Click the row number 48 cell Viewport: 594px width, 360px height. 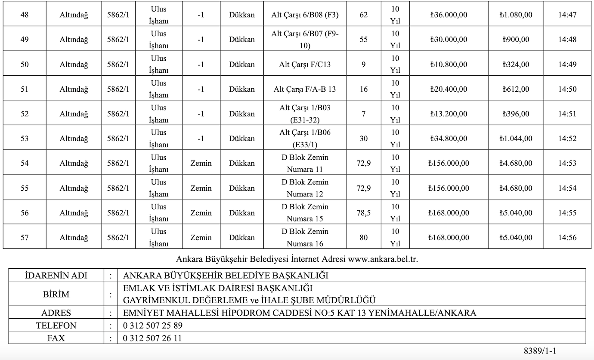pos(25,15)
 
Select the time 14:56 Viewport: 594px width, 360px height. pos(567,237)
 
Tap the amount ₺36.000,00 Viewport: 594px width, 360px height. pos(449,15)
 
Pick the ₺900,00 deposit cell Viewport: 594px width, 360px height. pos(516,40)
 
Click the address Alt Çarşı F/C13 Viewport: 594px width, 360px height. pos(305,65)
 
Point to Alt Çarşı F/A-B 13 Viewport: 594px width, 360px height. pos(305,90)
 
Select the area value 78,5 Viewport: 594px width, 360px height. pos(364,213)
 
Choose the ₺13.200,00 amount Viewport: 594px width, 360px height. pos(449,114)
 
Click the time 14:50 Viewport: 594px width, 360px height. pos(567,90)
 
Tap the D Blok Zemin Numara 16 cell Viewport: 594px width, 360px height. pos(305,237)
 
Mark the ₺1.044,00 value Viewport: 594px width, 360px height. pos(516,139)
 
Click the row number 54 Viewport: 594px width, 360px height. pos(25,163)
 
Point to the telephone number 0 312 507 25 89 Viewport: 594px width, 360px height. pos(152,326)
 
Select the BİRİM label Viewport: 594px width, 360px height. pos(56,295)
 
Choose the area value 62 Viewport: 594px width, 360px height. pos(364,15)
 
